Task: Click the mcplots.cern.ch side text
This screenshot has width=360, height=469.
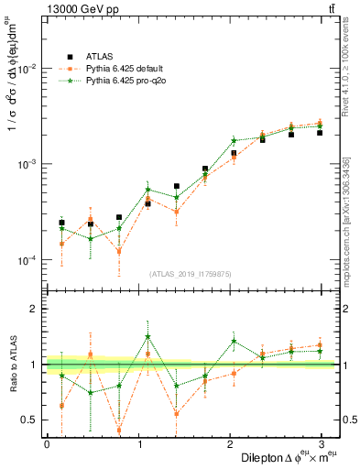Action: coord(350,211)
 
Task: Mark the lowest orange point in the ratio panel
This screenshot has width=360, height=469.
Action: coord(119,430)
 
